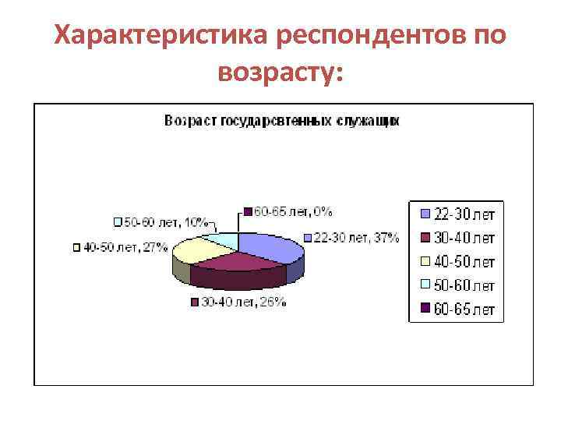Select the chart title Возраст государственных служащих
pos(281,121)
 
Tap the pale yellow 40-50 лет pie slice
pos(195,249)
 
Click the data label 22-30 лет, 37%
pos(355,237)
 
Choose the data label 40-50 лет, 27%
pos(125,248)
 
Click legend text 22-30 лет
pos(464,213)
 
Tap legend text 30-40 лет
pos(464,237)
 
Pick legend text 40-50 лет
pos(464,261)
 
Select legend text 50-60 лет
pos(464,285)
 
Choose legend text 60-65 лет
pos(464,310)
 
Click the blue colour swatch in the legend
pos(425,213)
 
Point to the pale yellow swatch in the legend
pos(425,261)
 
